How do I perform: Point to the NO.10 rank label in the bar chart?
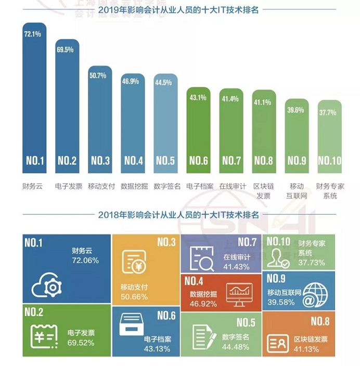pos(330,161)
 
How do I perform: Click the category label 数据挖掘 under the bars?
pos(134,186)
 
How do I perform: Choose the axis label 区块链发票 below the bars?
pos(263,191)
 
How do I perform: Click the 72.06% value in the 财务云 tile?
pos(85,260)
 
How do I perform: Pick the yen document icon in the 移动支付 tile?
pos(134,262)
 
